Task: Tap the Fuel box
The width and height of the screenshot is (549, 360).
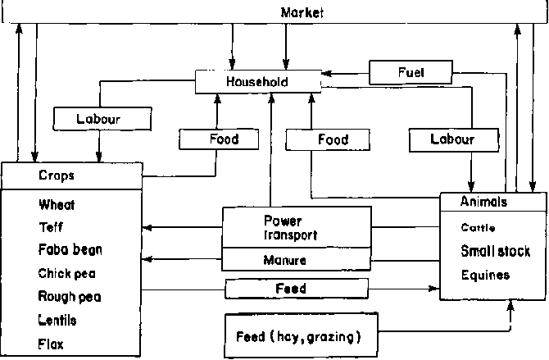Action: click(x=411, y=73)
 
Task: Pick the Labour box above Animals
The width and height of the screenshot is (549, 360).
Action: click(x=452, y=140)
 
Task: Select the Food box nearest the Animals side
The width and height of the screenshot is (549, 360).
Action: click(x=333, y=140)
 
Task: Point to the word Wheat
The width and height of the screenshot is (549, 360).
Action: click(x=57, y=204)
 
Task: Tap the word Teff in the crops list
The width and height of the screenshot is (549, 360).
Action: click(x=50, y=227)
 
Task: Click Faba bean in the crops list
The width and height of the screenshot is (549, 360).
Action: click(x=70, y=249)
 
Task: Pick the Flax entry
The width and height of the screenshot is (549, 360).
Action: click(x=50, y=344)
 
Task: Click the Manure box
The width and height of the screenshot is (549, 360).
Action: click(x=285, y=261)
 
